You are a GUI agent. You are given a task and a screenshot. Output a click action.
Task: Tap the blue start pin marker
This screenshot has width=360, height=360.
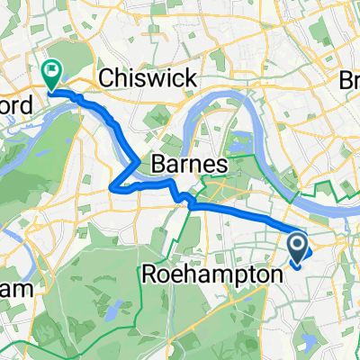click(299, 247)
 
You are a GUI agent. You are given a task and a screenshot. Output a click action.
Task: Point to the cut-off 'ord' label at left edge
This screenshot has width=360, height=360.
click(16, 105)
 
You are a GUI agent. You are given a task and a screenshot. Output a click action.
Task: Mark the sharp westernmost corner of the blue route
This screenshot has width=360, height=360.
click(110, 187)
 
